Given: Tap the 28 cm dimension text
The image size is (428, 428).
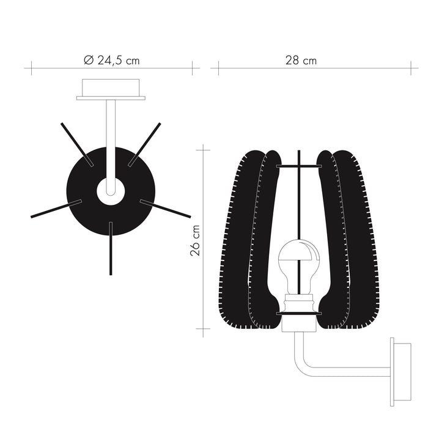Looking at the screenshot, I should [300, 60].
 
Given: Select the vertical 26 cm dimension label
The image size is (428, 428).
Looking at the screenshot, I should [195, 238].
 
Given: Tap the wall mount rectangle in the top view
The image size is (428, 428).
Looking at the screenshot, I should [111, 89].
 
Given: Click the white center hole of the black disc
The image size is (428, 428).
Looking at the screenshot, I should [111, 189].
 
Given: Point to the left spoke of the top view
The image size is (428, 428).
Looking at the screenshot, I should [55, 208].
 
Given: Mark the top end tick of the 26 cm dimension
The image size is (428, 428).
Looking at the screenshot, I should [202, 146].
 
